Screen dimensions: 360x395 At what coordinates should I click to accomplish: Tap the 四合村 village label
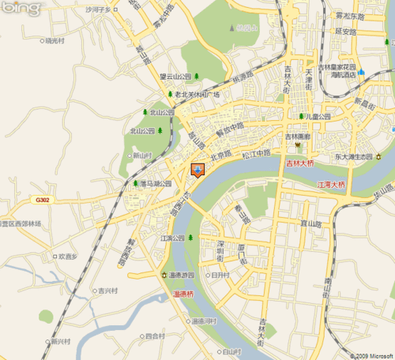pyautogui.click(x=156, y=336)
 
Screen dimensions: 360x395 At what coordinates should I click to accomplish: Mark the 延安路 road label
pyautogui.click(x=347, y=32)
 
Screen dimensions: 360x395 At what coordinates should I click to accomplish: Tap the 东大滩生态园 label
pyautogui.click(x=352, y=156)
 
